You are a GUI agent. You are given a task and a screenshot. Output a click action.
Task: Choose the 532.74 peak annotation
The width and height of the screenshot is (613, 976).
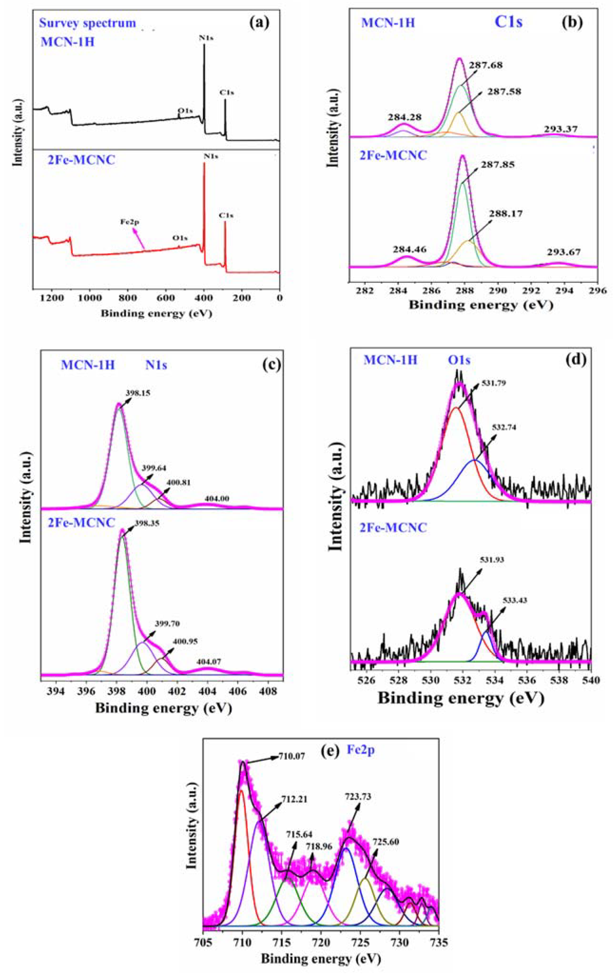pos(504,427)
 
